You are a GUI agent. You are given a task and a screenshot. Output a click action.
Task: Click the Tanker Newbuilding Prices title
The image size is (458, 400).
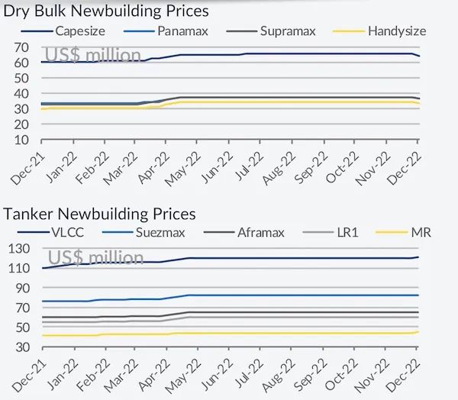pyautogui.click(x=100, y=214)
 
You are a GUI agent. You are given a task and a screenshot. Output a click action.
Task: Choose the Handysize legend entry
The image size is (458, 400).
pyautogui.click(x=396, y=31)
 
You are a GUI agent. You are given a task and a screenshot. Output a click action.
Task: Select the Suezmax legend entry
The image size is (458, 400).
pyautogui.click(x=172, y=231)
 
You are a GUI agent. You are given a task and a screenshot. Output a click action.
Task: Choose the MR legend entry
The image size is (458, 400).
pyautogui.click(x=421, y=231)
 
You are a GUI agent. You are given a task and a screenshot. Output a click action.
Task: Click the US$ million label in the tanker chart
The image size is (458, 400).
pyautogui.click(x=95, y=257)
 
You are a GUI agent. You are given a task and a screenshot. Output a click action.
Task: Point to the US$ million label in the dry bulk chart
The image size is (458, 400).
pyautogui.click(x=93, y=55)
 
